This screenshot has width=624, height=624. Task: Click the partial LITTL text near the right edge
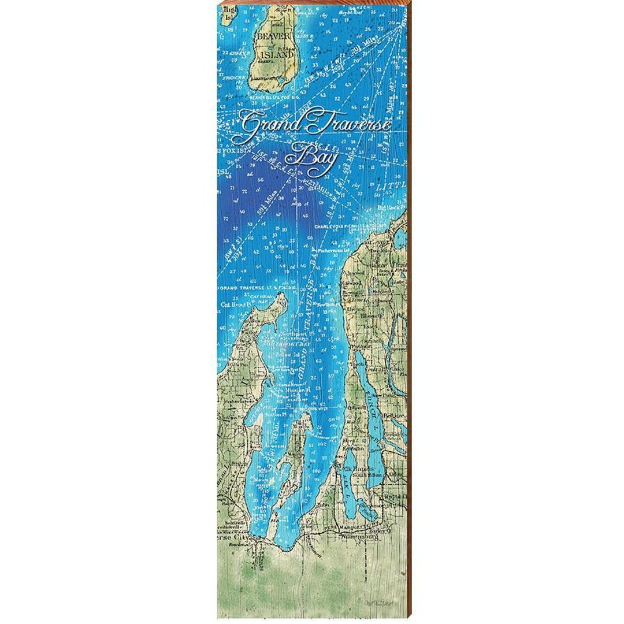click(390, 188)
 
